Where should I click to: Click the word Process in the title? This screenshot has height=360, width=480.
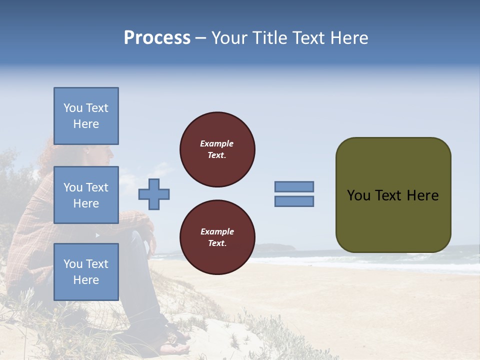click(157, 38)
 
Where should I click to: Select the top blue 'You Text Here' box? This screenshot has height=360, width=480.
click(86, 116)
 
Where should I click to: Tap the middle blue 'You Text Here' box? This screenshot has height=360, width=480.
click(86, 195)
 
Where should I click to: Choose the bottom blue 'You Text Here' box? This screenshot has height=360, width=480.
click(86, 271)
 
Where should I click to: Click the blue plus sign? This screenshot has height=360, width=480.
click(154, 194)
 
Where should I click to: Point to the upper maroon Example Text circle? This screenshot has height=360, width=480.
click(217, 149)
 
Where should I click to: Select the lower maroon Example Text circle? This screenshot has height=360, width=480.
click(217, 237)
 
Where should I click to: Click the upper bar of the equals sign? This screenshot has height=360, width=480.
click(294, 186)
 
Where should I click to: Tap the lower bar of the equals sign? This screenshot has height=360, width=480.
click(294, 201)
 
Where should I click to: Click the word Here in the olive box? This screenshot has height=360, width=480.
click(422, 195)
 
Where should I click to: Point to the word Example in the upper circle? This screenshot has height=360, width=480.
click(216, 143)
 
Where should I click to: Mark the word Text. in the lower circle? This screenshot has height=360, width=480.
click(217, 243)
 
